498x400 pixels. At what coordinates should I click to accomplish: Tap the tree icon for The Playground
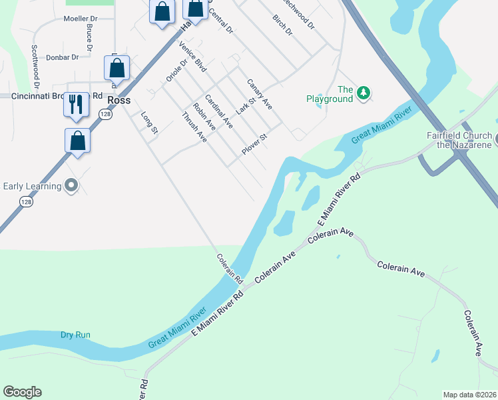(x=363, y=91)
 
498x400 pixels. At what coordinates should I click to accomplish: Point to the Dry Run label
(x=75, y=335)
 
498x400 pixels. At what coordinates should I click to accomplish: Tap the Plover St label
(x=254, y=144)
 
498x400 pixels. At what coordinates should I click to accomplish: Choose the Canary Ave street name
(x=259, y=94)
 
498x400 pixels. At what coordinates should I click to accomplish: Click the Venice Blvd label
(x=193, y=57)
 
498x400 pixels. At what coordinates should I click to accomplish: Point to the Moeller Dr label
(x=81, y=18)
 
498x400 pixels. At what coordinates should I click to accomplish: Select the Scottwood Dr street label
(x=35, y=67)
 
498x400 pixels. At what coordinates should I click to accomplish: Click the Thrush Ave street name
(x=194, y=127)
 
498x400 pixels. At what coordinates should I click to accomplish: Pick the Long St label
(x=149, y=123)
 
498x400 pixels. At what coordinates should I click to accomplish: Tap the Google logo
(x=22, y=392)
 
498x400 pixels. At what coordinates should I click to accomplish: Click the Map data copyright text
(x=469, y=395)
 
